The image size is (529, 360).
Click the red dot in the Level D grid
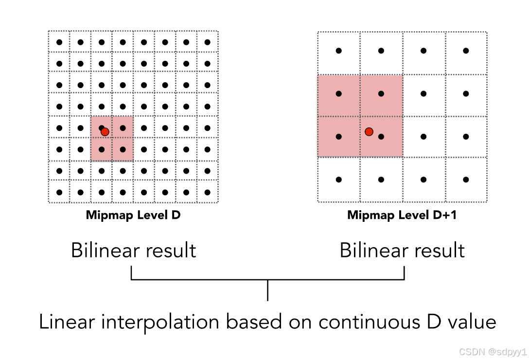(105, 131)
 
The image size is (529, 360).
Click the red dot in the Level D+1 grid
(369, 131)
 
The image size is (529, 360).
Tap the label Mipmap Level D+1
(402, 215)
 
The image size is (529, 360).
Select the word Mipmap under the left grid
(106, 215)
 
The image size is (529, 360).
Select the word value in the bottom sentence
(471, 322)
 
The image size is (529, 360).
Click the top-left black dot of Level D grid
(59, 42)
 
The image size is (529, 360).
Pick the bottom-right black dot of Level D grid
(208, 192)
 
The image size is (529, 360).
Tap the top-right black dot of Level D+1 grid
(466, 51)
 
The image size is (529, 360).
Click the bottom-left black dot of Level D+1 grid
(339, 180)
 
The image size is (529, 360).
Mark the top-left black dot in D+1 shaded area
(339, 93)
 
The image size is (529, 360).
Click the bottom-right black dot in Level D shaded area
(123, 149)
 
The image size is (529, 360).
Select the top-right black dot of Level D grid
(208, 42)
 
